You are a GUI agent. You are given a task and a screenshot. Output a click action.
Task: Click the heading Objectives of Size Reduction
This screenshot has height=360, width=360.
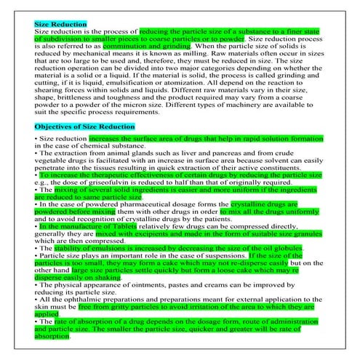(x=84, y=126)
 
